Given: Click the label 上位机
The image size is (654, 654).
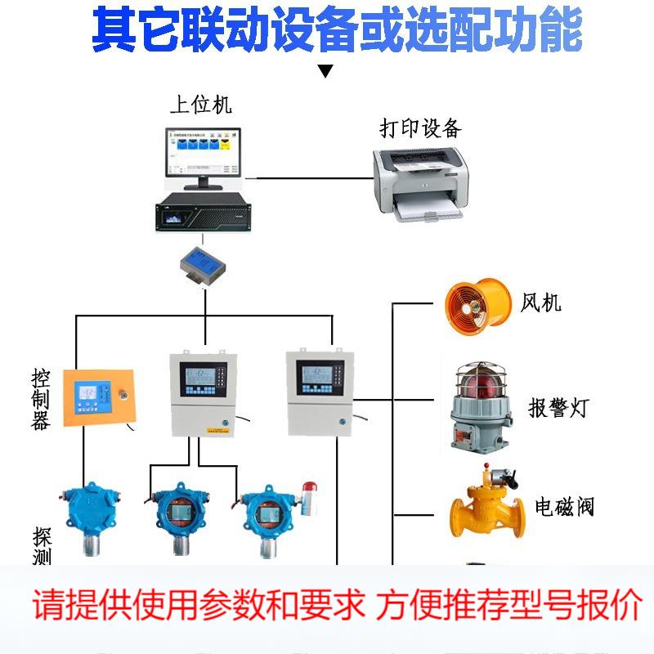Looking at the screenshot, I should tap(200, 105).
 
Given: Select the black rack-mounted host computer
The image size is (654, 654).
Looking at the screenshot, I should tap(200, 215).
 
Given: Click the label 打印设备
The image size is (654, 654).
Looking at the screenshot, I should tap(420, 128).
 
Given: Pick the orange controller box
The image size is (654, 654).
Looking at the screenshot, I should tap(98, 398).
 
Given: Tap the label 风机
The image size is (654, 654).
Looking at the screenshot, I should tap(541, 302).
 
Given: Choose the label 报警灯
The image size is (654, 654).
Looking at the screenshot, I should tap(558, 408).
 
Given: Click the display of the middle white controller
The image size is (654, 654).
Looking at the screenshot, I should tap(204, 380).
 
